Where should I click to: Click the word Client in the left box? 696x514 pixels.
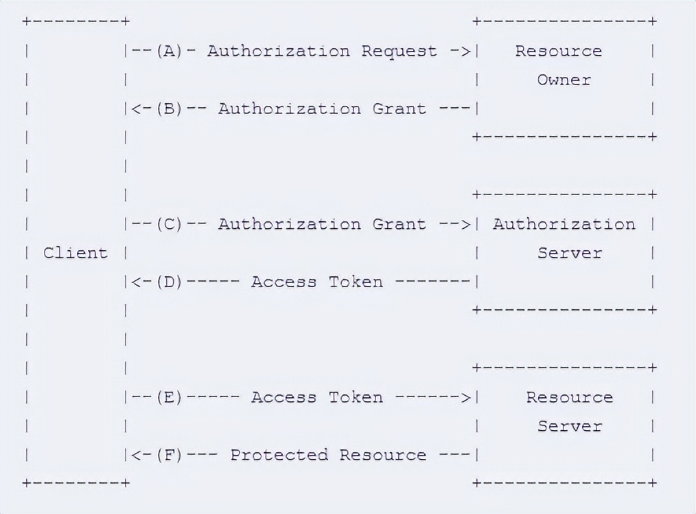(76, 253)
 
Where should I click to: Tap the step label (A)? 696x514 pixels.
(169, 51)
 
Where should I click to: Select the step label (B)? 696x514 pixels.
(169, 109)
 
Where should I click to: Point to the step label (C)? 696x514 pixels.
(169, 224)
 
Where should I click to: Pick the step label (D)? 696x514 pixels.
(169, 282)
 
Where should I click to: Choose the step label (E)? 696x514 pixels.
(169, 397)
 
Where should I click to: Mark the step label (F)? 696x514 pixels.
(169, 455)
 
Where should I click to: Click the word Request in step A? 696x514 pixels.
(399, 51)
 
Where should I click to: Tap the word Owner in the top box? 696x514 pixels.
(564, 80)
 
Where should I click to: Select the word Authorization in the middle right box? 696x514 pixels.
(564, 224)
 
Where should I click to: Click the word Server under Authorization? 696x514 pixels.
(569, 253)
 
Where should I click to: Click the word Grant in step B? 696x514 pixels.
(399, 109)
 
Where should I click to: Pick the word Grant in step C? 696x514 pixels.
(399, 224)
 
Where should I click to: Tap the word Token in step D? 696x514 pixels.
(355, 282)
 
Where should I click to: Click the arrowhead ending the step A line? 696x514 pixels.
(465, 51)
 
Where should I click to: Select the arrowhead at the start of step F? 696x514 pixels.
(136, 455)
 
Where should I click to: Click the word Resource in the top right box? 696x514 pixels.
(558, 51)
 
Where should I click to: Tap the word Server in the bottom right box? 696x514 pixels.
(569, 426)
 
